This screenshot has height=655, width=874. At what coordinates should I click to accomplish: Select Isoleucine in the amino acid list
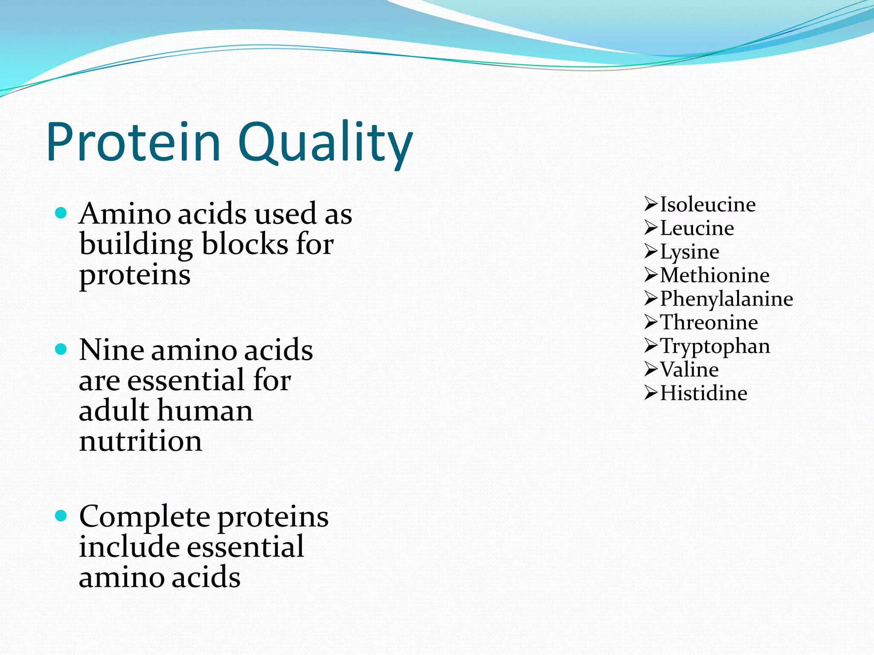point(708,205)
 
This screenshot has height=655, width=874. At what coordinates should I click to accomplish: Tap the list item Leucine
point(697,228)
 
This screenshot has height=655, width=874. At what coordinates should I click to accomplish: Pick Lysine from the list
point(689,252)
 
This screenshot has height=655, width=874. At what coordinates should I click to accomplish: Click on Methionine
point(714,275)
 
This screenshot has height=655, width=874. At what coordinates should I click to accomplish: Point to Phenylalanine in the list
point(726,299)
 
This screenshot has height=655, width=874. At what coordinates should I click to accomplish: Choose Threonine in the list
point(709,322)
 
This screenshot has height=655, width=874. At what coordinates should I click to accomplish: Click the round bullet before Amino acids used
point(61,213)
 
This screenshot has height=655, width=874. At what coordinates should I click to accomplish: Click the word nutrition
point(140,441)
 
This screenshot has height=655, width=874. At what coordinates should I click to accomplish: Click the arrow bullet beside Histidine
point(651,393)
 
